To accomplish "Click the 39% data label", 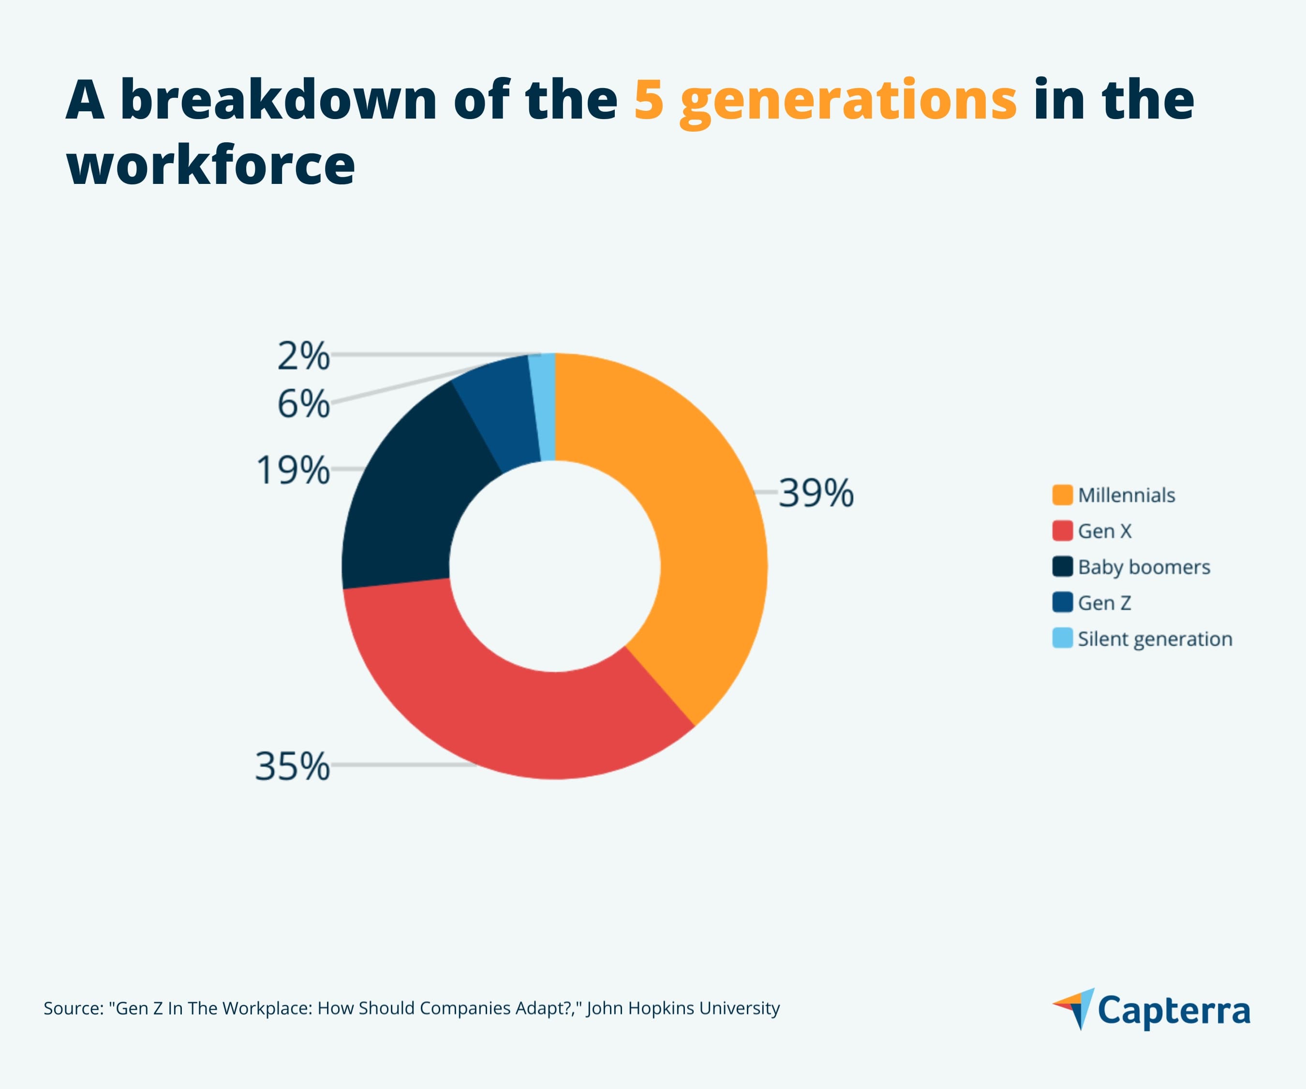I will (x=816, y=494).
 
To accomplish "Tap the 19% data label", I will (x=292, y=470).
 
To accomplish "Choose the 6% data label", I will (x=303, y=405).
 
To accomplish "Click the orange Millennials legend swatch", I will (x=1062, y=495).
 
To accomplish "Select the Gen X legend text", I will (x=1104, y=531).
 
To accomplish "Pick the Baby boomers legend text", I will (x=1143, y=567).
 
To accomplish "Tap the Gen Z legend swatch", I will (x=1062, y=603).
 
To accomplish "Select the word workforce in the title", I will (x=210, y=165).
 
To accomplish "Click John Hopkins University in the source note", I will (x=683, y=1008).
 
